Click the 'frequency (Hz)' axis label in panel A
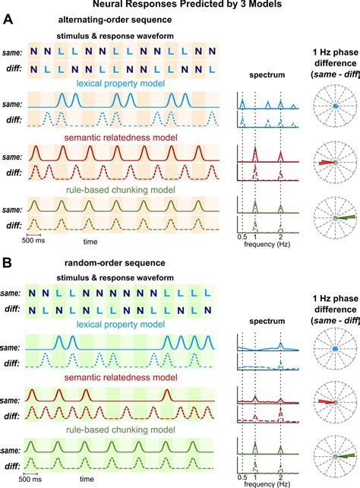tap(265, 247)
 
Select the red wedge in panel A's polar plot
tap(324, 163)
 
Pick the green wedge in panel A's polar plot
tap(347, 217)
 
